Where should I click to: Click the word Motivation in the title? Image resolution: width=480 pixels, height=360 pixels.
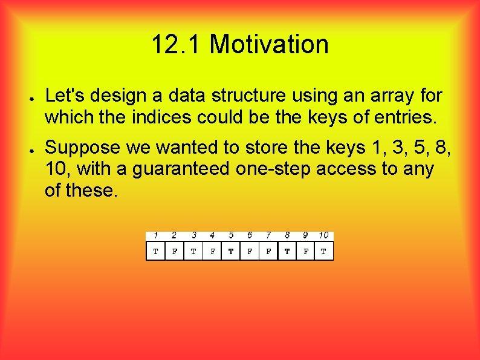pyautogui.click(x=269, y=45)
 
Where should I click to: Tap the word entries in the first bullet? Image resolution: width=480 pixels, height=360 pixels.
pyautogui.click(x=400, y=117)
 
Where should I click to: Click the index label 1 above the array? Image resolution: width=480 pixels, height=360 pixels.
pyautogui.click(x=155, y=235)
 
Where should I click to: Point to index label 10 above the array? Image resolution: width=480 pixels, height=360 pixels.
pyautogui.click(x=323, y=235)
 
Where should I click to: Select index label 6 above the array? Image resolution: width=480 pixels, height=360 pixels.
pyautogui.click(x=250, y=235)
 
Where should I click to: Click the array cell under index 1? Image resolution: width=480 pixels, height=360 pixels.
pyautogui.click(x=155, y=251)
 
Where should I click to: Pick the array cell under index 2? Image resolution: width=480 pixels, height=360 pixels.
pyautogui.click(x=174, y=251)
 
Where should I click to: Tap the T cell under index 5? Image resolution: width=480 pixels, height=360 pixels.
pyautogui.click(x=231, y=251)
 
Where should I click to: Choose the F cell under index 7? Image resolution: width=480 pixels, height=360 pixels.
pyautogui.click(x=268, y=251)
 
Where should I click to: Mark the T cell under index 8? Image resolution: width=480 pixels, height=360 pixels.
pyautogui.click(x=287, y=251)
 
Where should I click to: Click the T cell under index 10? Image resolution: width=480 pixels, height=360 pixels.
pyautogui.click(x=323, y=251)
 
